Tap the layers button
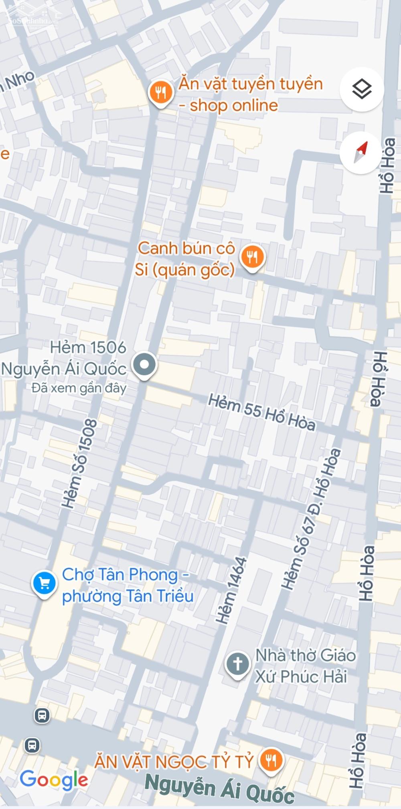coord(362,89)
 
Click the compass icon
coord(360,153)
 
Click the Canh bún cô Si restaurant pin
coord(252,257)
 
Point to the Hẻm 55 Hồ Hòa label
coord(261,413)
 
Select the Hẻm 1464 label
coord(231,590)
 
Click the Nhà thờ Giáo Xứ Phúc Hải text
coord(305,666)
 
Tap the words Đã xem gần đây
coord(79,388)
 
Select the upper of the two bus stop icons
coord(42,715)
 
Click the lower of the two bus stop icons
coord(32,745)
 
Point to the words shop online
coord(233,105)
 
